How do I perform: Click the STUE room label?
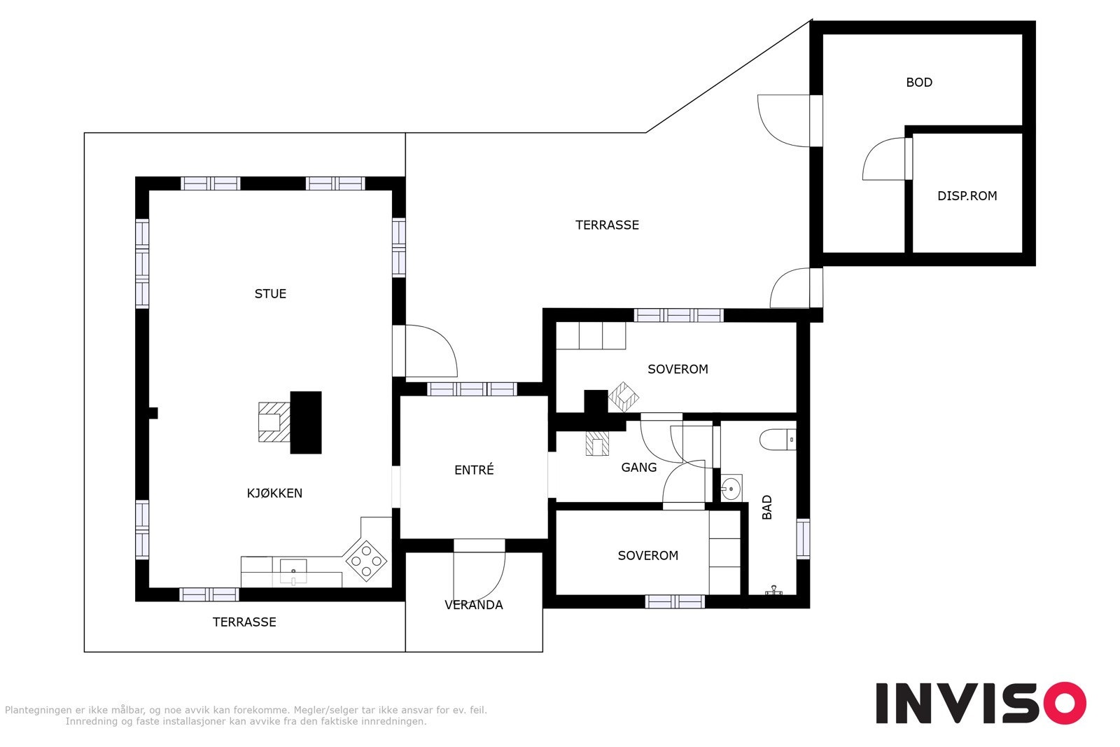pyautogui.click(x=270, y=293)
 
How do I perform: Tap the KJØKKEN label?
pyautogui.click(x=274, y=493)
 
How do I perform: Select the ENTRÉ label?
pyautogui.click(x=474, y=470)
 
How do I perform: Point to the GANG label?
pyautogui.click(x=638, y=468)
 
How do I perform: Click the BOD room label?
pyautogui.click(x=919, y=82)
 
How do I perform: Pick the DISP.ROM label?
pyautogui.click(x=967, y=196)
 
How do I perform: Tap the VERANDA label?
pyautogui.click(x=473, y=605)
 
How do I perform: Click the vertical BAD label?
pyautogui.click(x=767, y=507)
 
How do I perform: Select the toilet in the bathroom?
pyautogui.click(x=778, y=440)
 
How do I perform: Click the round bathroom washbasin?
pyautogui.click(x=731, y=487)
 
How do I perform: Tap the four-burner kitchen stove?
pyautogui.click(x=366, y=561)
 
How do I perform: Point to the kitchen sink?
pyautogui.click(x=293, y=572)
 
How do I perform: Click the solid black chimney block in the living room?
pyautogui.click(x=305, y=422)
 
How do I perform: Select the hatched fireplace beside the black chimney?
pyautogui.click(x=274, y=422)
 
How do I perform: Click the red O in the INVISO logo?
pyautogui.click(x=1064, y=703)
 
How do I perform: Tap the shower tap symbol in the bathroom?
pyautogui.click(x=773, y=590)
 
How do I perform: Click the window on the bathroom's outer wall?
pyautogui.click(x=803, y=538)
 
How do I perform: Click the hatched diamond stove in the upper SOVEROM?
pyautogui.click(x=624, y=397)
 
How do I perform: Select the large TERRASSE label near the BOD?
pyautogui.click(x=607, y=225)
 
